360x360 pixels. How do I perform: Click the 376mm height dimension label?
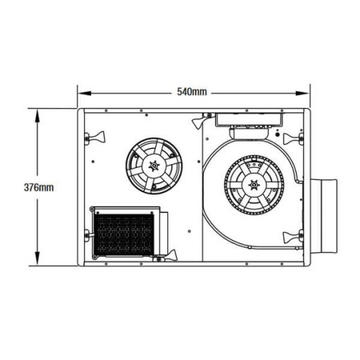(x=38, y=187)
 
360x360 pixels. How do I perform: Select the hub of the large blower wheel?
(x=253, y=186)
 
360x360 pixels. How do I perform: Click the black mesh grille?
(x=124, y=235)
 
